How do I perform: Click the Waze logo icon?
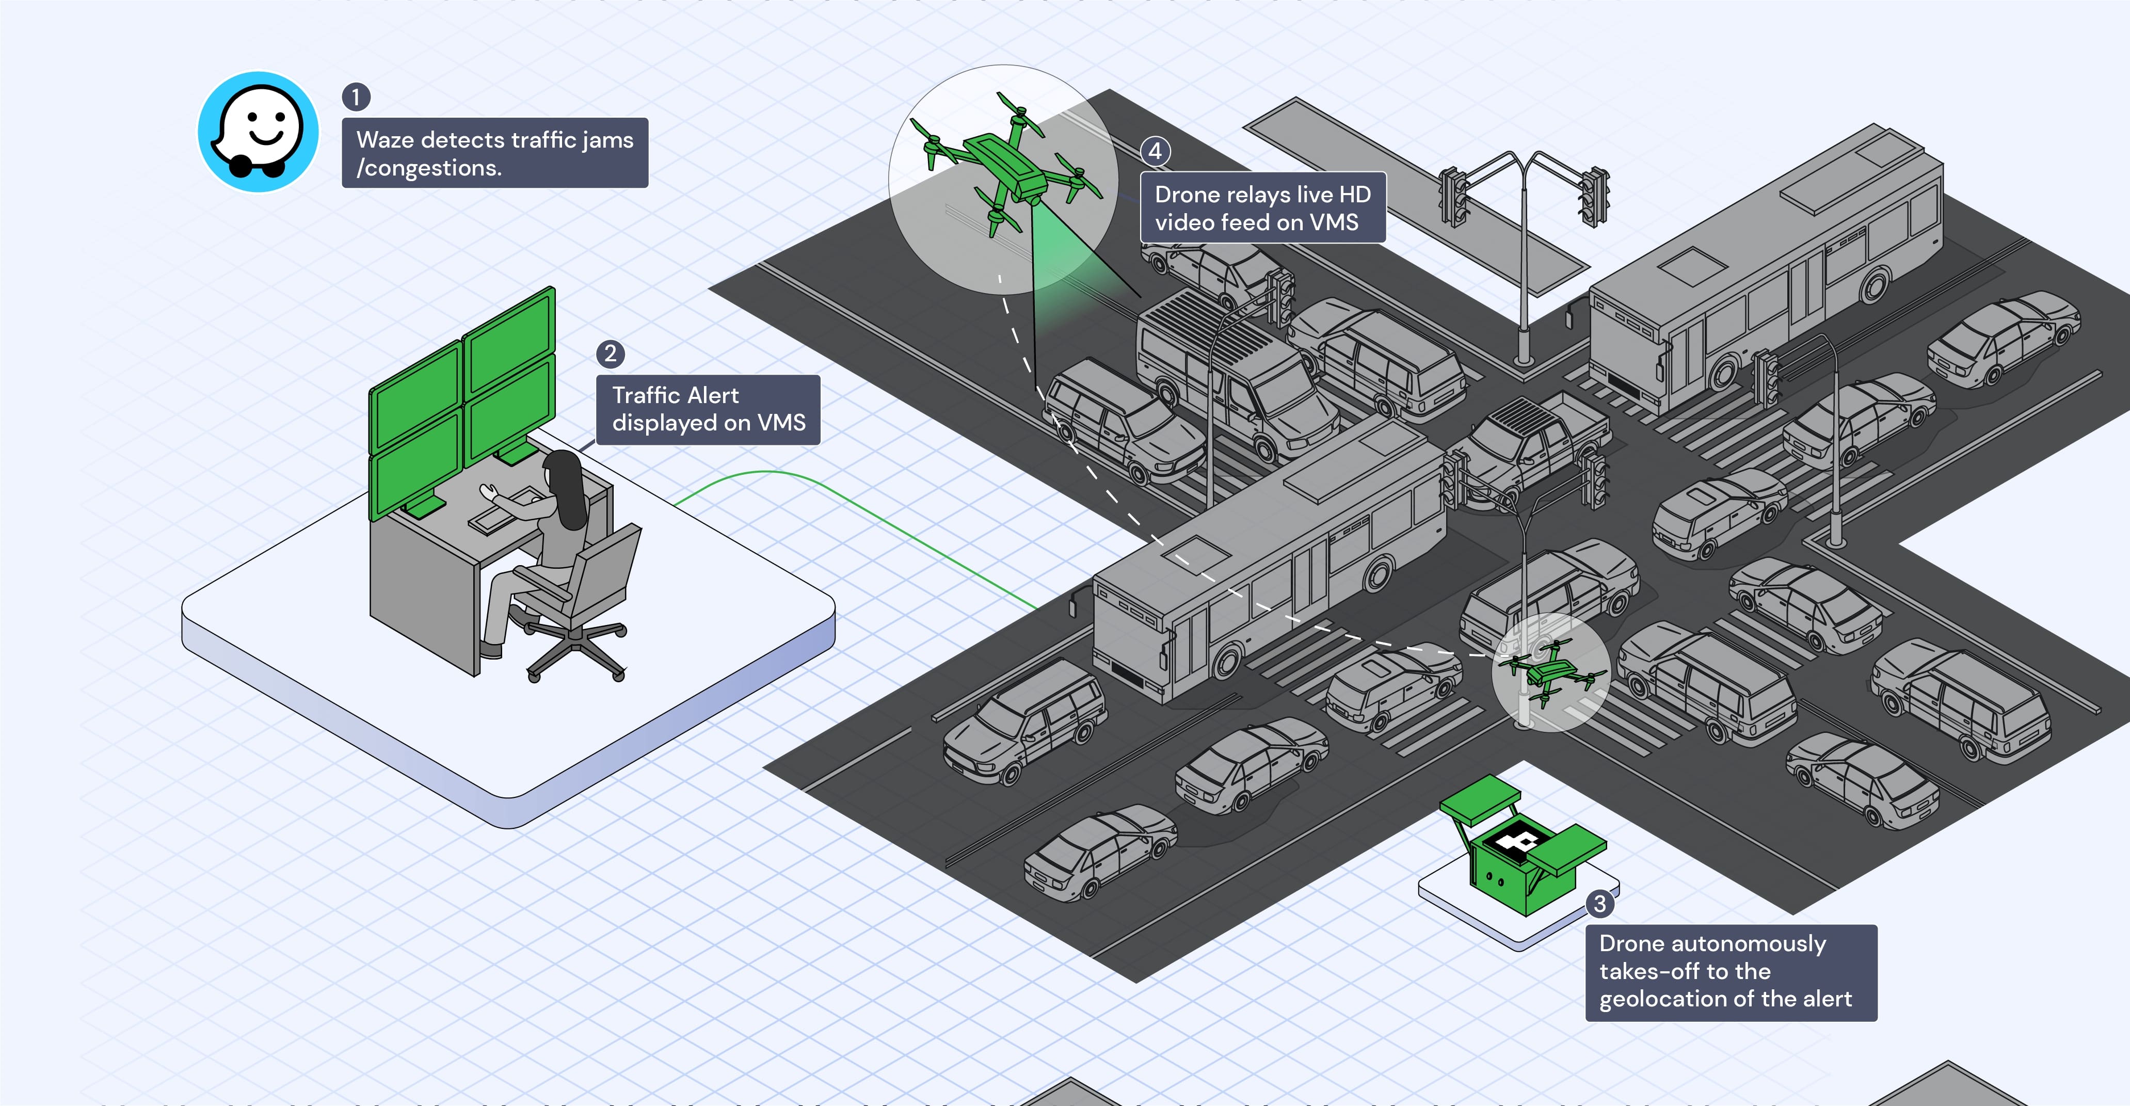click(258, 132)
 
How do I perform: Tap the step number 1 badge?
click(356, 97)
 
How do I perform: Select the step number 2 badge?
click(610, 354)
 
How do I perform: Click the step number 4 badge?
click(1155, 151)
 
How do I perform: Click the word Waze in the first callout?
click(385, 140)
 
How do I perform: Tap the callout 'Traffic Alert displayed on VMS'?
click(708, 409)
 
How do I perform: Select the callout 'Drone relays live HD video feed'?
click(1262, 207)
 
